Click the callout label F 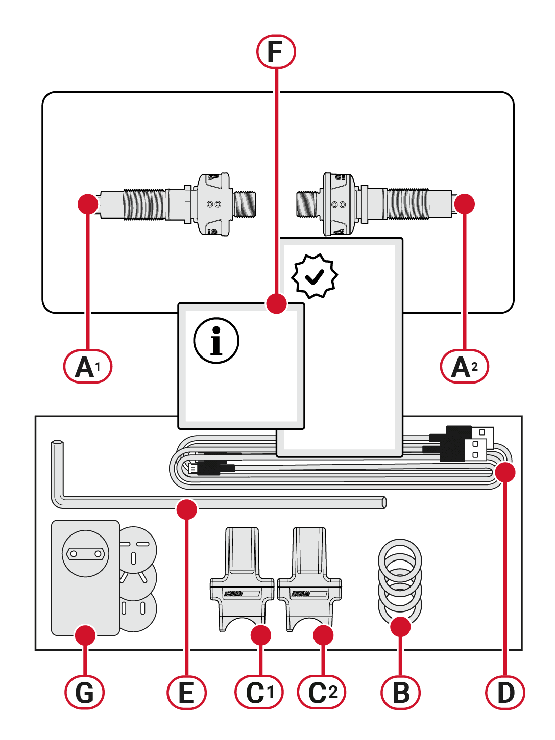(x=276, y=52)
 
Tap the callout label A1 (x=88, y=366)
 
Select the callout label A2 (x=465, y=366)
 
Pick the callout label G (x=85, y=692)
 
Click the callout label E (x=186, y=692)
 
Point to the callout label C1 (x=259, y=692)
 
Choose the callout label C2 (x=322, y=692)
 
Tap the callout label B (x=401, y=692)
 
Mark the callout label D (x=505, y=692)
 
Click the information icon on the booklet (x=216, y=341)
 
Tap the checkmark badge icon (x=315, y=276)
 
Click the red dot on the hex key (x=186, y=509)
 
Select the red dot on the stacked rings (x=400, y=627)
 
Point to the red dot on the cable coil (x=505, y=472)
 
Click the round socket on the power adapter (x=85, y=553)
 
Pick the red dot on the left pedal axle (x=88, y=204)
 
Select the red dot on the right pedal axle (x=465, y=204)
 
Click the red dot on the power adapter (x=85, y=635)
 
